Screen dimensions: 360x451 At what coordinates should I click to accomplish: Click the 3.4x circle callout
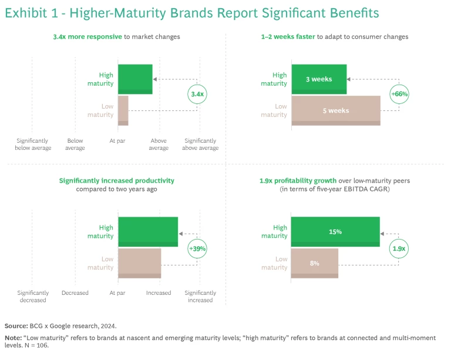pos(198,94)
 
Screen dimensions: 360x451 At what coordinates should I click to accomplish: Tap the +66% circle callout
pos(399,94)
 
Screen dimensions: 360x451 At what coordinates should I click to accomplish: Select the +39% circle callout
pos(197,248)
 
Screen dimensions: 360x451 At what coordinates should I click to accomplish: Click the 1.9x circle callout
pos(399,248)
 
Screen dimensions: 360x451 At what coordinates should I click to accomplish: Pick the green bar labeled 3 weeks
pos(318,79)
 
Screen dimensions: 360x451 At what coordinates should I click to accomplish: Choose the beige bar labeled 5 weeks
pos(335,110)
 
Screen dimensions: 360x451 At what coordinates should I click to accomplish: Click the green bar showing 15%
pos(335,232)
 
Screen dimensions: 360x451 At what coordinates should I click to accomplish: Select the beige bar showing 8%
pos(314,263)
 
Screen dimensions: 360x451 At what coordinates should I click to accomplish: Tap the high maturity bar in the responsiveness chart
pos(135,79)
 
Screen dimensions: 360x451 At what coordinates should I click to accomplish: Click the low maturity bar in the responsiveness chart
pos(123,110)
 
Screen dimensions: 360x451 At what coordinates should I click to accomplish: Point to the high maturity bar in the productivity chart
pos(147,232)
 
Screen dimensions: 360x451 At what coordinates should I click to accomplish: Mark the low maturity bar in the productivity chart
pos(139,263)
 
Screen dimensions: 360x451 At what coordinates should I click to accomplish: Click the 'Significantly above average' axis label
pos(200,144)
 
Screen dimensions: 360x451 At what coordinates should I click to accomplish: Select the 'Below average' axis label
pos(75,144)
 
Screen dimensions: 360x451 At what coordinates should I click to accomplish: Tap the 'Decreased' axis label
pos(75,293)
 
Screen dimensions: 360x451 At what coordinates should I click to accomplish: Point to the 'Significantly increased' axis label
pos(200,297)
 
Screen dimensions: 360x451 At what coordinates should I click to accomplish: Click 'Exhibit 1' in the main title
pos(30,13)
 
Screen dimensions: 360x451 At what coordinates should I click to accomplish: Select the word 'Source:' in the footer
pos(16,325)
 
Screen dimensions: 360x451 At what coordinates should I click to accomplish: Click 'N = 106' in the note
pos(38,346)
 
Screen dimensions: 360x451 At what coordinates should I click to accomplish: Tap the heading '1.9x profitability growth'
pos(298,180)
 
